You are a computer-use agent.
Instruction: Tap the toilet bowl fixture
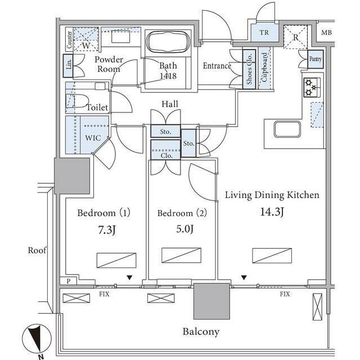point(78,101)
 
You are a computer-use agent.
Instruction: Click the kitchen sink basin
point(287,129)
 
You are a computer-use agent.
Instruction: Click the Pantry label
point(315,59)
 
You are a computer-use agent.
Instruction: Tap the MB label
point(326,33)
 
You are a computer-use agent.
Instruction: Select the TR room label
point(264,33)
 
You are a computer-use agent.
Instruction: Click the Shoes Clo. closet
point(249,69)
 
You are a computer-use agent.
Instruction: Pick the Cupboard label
point(264,67)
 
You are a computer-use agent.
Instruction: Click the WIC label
point(93,138)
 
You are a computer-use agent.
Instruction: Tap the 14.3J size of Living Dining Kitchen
point(272,211)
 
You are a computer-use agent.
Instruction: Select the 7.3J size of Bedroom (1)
point(106,230)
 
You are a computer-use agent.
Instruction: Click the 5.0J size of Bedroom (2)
point(185,229)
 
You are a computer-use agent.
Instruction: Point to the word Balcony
point(201,331)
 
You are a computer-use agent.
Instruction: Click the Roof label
point(37,250)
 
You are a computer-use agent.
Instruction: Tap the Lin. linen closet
point(68,66)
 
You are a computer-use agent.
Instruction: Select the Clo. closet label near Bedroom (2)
point(166,156)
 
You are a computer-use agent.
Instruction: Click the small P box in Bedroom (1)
point(69,281)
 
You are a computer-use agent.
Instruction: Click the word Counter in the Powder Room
point(69,39)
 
